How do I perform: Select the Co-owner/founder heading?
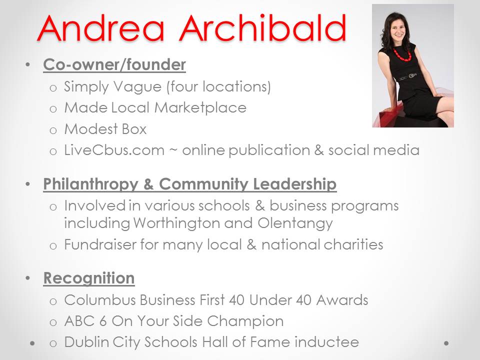click(x=114, y=65)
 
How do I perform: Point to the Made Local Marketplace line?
click(x=155, y=107)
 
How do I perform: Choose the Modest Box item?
click(x=105, y=129)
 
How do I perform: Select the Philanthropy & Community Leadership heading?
click(x=190, y=184)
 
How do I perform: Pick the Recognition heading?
click(x=89, y=278)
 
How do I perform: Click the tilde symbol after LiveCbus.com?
click(x=174, y=150)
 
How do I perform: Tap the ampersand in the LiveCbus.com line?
click(x=319, y=150)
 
